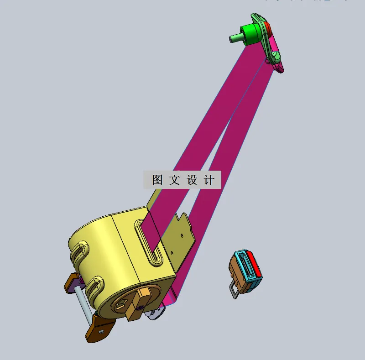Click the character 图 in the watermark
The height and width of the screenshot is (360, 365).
(157, 180)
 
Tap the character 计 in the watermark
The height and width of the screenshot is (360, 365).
(209, 180)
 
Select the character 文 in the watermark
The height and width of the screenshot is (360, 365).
(175, 180)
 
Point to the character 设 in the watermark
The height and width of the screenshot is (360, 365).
(192, 180)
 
